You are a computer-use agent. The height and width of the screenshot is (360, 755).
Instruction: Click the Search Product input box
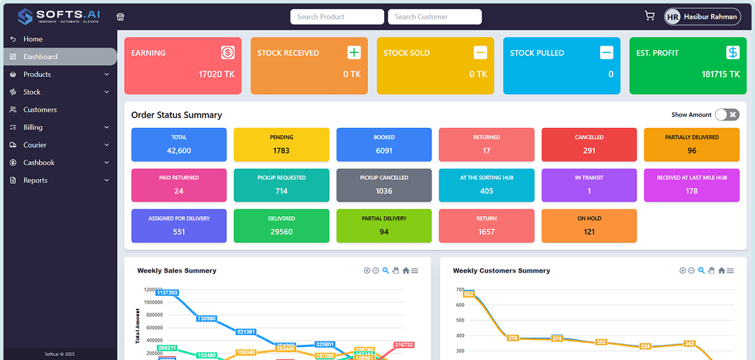[x=337, y=17]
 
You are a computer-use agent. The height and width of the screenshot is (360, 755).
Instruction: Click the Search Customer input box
[x=434, y=17]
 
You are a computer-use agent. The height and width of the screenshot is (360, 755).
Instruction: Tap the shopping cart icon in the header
[x=649, y=16]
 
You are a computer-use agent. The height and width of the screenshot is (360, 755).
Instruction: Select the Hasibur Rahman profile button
[x=702, y=17]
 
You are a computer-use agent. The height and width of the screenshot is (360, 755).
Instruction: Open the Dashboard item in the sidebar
[x=40, y=56]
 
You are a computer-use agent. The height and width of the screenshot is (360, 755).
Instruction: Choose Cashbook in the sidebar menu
[x=39, y=162]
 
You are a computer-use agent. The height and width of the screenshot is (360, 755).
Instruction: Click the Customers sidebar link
[x=40, y=109]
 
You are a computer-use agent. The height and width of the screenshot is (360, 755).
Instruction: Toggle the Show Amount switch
[x=727, y=115]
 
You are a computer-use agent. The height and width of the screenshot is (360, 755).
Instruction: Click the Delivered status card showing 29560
[x=281, y=226]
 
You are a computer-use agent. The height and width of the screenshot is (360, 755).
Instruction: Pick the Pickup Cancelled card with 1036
[x=384, y=185]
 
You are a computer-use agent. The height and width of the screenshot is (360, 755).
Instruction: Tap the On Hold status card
[x=589, y=226]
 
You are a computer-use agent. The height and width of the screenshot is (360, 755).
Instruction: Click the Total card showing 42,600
[x=179, y=145]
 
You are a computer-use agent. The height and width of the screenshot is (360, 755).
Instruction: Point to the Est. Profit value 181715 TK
[x=721, y=74]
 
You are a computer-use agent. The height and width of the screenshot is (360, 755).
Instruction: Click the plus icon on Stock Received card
[x=354, y=52]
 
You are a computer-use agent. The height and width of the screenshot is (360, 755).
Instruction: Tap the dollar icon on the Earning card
[x=228, y=52]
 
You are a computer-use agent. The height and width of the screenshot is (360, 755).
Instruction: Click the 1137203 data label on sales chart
[x=167, y=293]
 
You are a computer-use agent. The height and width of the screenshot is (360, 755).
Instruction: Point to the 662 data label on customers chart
[x=469, y=294]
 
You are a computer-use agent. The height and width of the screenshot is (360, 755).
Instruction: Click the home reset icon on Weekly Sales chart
[x=405, y=271]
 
